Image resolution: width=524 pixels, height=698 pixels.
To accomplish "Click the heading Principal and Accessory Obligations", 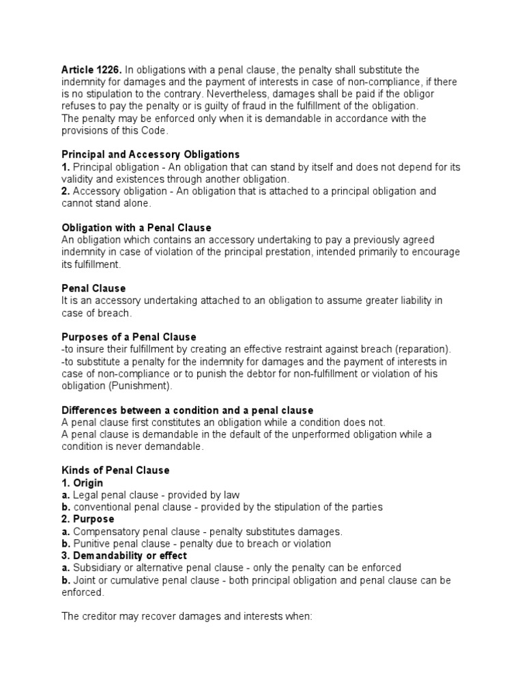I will tap(151, 155).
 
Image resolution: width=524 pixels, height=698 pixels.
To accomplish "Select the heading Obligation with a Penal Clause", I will tap(136, 228).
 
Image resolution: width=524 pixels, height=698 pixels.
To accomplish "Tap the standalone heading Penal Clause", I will tap(93, 288).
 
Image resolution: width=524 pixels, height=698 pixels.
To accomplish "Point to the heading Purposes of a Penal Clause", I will tap(129, 337).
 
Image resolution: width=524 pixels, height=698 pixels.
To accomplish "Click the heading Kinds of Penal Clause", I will tap(115, 470).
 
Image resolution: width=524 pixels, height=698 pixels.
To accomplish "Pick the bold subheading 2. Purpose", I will tap(88, 519).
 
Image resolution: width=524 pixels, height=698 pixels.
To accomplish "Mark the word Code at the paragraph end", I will tap(151, 131).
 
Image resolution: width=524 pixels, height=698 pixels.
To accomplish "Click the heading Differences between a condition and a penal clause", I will tap(188, 410).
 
